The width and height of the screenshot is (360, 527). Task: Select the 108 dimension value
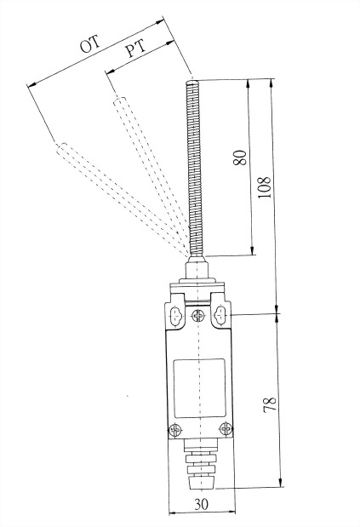click(x=265, y=186)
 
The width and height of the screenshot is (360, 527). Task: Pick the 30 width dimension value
click(x=202, y=504)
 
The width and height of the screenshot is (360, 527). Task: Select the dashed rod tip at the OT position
click(x=62, y=147)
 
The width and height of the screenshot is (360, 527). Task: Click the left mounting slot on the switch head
click(x=176, y=316)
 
